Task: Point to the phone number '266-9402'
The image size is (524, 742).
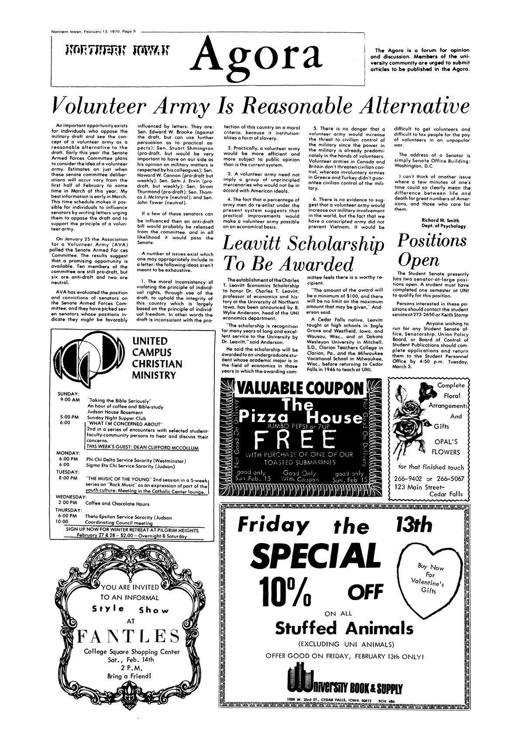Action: pos(411,478)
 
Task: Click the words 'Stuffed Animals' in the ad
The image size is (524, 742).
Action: pos(344,629)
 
